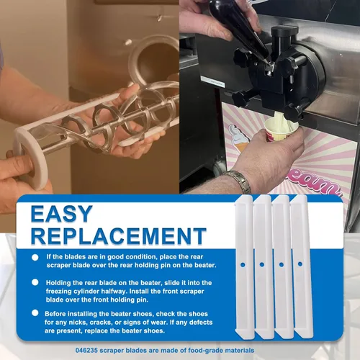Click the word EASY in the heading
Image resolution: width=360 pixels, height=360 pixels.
tap(61, 213)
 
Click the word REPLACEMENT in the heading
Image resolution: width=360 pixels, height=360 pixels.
tap(119, 236)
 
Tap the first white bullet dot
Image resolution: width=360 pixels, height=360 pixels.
tap(35, 258)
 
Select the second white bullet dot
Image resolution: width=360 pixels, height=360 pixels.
tap(35, 282)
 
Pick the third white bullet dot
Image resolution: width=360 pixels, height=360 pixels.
tap(35, 313)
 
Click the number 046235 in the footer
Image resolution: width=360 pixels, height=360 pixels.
tap(86, 351)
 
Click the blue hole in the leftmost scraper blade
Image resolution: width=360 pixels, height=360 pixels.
tap(243, 265)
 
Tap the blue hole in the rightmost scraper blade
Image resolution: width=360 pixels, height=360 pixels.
tap(300, 264)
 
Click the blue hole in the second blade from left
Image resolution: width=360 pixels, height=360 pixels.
tap(262, 265)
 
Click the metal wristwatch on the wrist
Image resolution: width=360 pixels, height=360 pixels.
tap(237, 181)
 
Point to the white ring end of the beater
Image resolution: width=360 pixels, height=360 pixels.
tap(30, 158)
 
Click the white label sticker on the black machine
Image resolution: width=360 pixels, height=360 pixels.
tap(213, 81)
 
